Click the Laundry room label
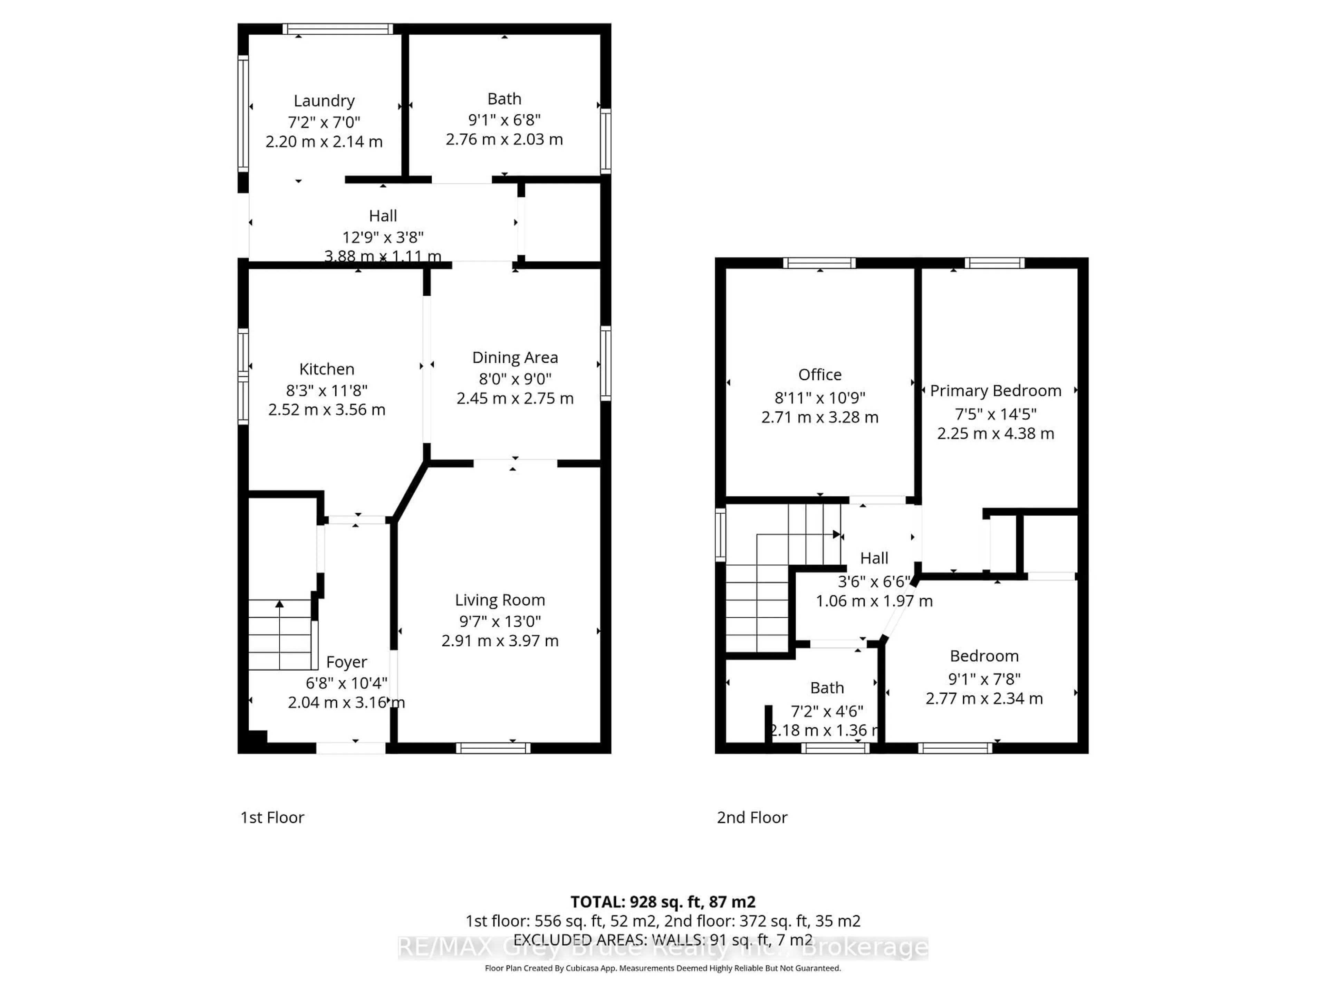(324, 101)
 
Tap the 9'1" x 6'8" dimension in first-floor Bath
(504, 120)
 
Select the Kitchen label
(327, 369)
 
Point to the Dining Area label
(515, 358)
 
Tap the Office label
(819, 375)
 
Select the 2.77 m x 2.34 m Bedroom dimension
(984, 698)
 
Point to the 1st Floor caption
(272, 817)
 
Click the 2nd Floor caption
(752, 817)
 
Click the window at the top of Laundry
(338, 29)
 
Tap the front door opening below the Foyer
(351, 748)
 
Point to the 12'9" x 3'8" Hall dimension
(383, 237)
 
